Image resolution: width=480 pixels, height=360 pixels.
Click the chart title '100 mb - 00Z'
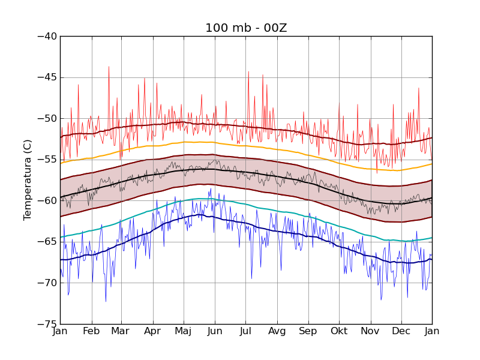245,28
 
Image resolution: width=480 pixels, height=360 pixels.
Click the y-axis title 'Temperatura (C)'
28,179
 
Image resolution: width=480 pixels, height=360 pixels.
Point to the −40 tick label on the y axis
47,36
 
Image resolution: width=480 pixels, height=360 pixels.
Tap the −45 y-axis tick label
47,77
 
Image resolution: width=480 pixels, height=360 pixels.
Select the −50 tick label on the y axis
47,118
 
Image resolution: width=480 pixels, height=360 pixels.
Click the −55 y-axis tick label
47,160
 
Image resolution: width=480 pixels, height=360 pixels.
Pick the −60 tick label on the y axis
47,200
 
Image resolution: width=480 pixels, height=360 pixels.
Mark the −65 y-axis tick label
47,242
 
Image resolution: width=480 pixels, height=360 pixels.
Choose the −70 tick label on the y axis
47,283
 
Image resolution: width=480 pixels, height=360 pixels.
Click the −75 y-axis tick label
47,324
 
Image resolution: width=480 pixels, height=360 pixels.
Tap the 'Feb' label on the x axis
91,331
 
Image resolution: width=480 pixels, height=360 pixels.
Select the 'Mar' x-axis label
120,331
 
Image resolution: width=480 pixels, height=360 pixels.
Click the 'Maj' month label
183,331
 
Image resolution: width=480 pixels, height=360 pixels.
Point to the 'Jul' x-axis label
245,331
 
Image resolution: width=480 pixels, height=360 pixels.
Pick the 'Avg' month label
277,331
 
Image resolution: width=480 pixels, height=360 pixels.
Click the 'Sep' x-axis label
308,331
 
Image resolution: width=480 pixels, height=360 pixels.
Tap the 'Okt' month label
339,331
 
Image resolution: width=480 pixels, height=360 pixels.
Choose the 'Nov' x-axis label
370,331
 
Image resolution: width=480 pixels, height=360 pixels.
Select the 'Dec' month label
401,331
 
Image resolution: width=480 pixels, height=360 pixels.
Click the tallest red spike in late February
109,67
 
